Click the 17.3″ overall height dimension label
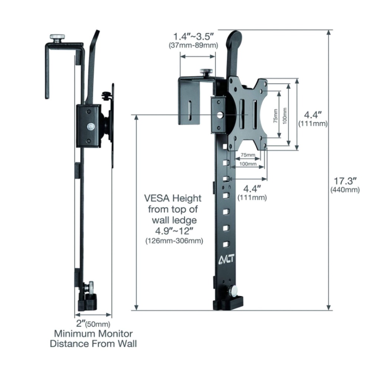tap(345, 181)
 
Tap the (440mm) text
tap(345, 190)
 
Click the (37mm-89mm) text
tap(193, 45)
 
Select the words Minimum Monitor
tap(93, 334)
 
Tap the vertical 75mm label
tap(275, 115)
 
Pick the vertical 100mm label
tap(285, 116)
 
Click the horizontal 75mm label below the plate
tap(248, 155)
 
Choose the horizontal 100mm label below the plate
tap(248, 164)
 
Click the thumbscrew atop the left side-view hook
tap(58, 37)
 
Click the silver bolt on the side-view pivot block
tap(90, 127)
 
